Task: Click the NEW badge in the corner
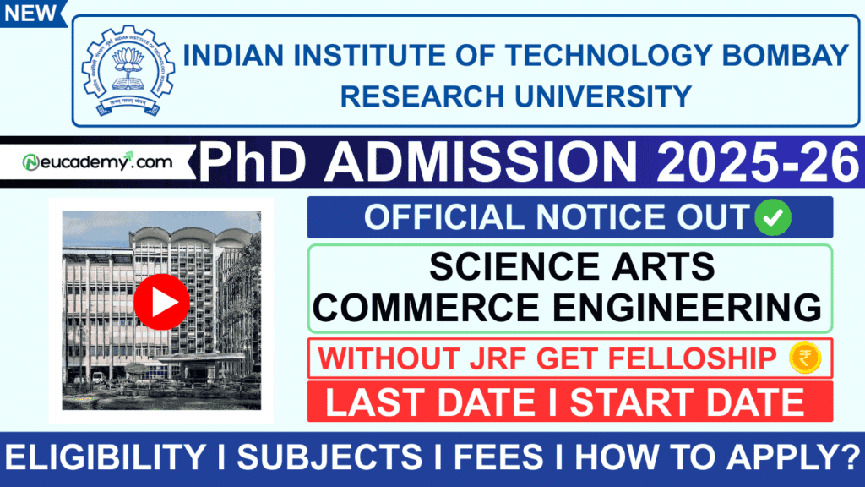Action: click(31, 12)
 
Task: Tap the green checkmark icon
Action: click(774, 217)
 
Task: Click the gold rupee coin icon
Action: click(805, 358)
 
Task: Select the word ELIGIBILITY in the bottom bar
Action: click(111, 457)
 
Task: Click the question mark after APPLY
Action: click(845, 457)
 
